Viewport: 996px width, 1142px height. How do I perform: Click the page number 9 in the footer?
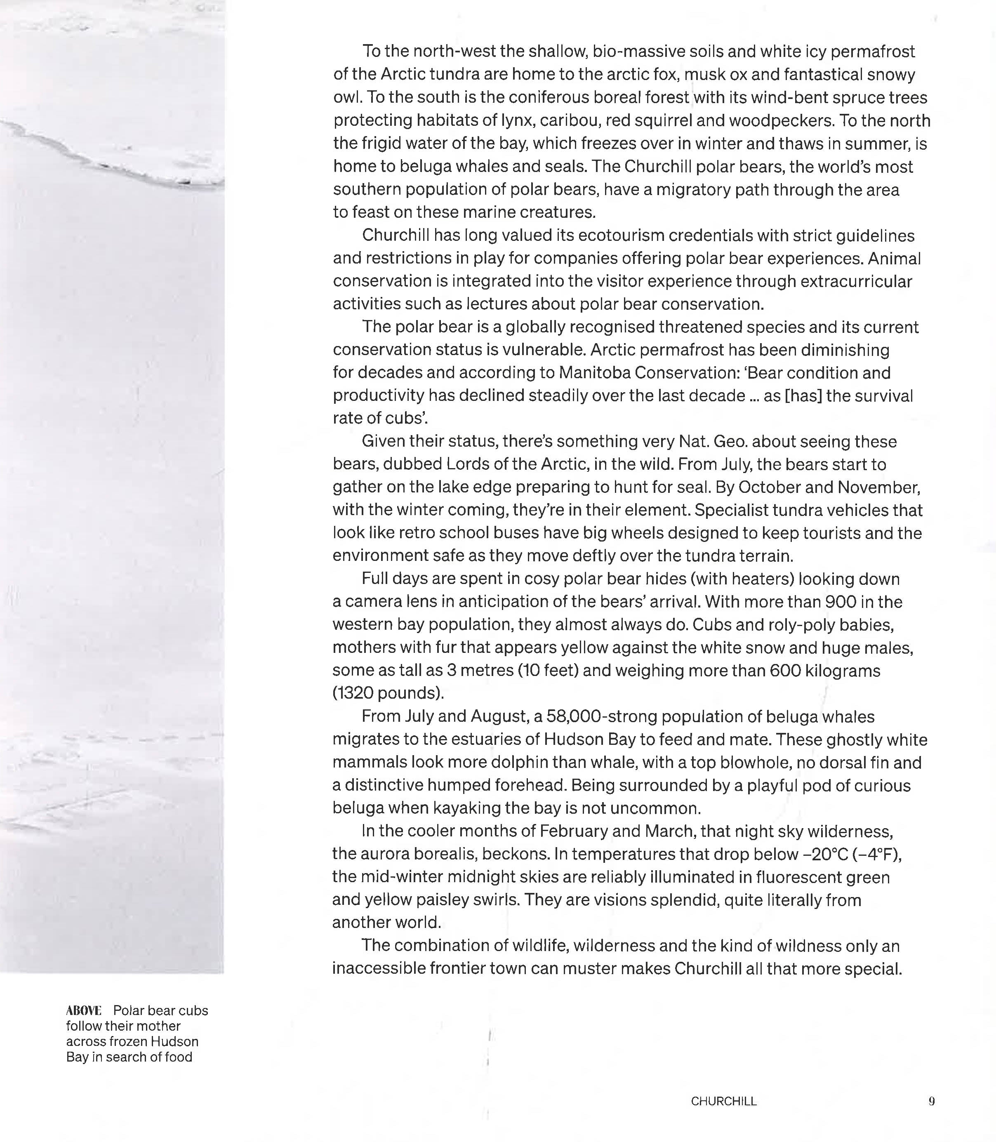pos(932,1101)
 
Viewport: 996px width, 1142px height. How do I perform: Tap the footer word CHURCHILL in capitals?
pos(724,1101)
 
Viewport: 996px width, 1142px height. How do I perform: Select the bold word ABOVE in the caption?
pos(83,1010)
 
